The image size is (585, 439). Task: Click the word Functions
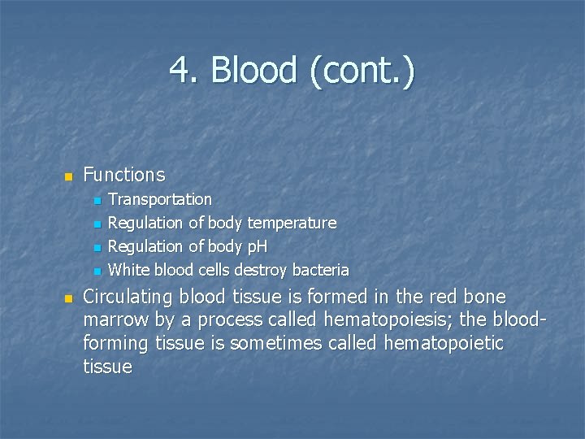[123, 175]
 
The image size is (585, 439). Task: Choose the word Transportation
[160, 199]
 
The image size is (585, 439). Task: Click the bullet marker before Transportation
[97, 200]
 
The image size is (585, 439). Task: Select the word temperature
[292, 223]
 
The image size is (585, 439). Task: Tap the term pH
[257, 246]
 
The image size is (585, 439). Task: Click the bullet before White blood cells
[97, 271]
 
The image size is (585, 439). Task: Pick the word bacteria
[320, 269]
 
